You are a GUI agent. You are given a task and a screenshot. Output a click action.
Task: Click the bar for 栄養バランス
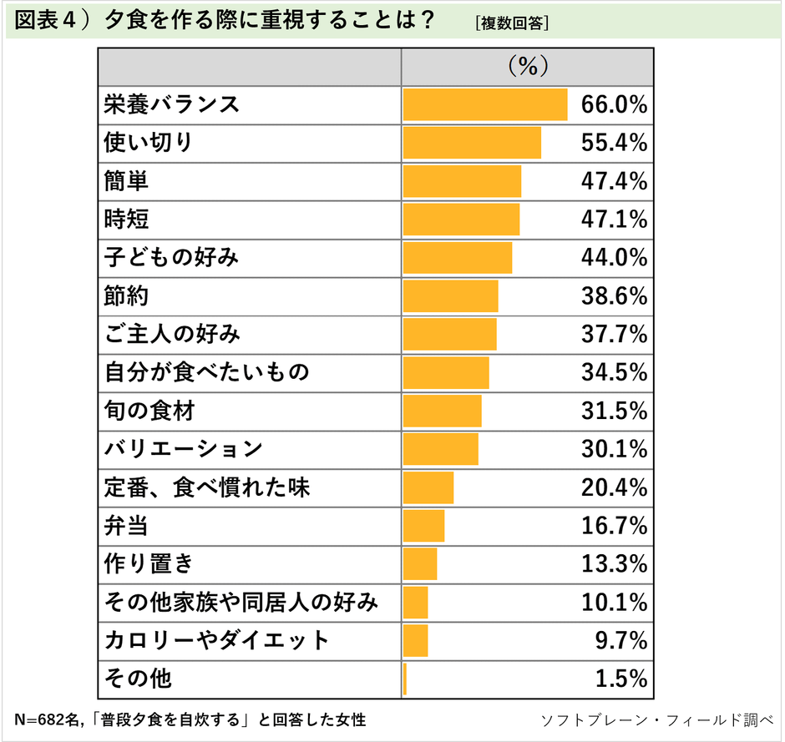click(484, 104)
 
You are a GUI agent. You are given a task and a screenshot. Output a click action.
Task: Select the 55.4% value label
click(615, 143)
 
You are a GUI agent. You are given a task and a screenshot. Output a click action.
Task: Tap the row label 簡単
click(126, 181)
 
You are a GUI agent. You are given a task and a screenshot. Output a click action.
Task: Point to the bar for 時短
click(461, 220)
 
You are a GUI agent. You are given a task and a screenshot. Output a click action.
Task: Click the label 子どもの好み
click(171, 258)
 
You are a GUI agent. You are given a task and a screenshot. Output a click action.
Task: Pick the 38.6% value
click(615, 296)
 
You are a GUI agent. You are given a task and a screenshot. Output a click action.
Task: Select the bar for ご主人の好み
click(449, 335)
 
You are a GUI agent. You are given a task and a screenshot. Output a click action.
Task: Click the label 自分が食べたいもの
click(206, 372)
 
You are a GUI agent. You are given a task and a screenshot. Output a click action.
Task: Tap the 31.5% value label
click(615, 411)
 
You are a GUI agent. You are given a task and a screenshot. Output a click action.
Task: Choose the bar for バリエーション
click(440, 449)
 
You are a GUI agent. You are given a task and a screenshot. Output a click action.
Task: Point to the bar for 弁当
click(423, 526)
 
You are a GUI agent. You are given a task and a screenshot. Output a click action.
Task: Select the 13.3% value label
click(615, 564)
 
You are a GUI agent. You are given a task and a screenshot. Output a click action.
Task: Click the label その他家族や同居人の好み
click(241, 602)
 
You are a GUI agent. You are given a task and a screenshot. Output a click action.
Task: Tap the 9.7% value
click(620, 641)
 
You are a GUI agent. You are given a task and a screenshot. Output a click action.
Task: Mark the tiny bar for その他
click(405, 679)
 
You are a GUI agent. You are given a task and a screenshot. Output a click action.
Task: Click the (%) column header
click(527, 66)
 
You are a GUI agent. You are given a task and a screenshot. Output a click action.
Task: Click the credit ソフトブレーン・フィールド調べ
click(658, 719)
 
